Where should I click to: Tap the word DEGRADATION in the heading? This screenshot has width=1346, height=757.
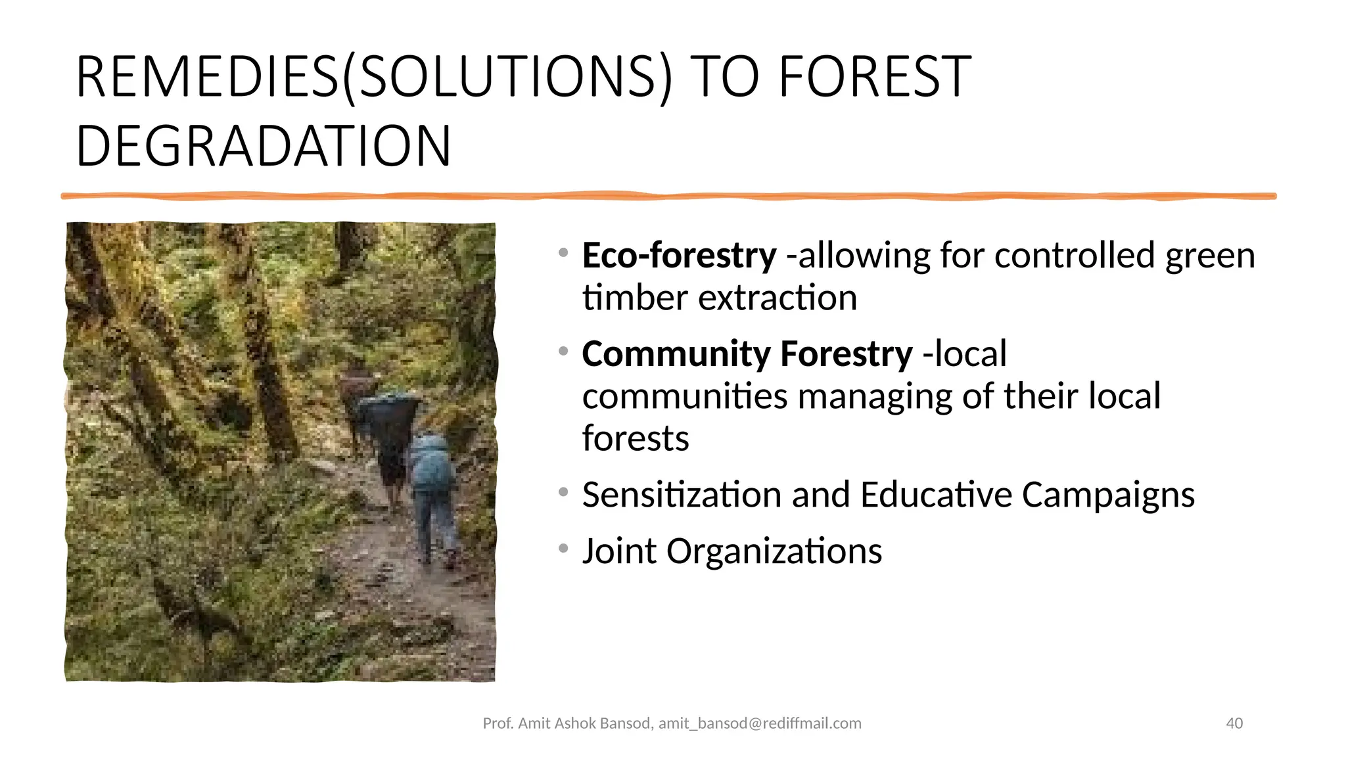[264, 146]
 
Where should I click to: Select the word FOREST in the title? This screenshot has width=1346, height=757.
[874, 78]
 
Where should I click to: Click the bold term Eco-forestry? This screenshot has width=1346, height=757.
[679, 256]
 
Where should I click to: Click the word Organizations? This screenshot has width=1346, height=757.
[774, 551]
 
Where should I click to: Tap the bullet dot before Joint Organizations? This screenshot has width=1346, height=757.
[563, 548]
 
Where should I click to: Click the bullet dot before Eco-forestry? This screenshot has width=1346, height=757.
[563, 252]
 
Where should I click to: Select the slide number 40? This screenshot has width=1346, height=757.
[1234, 723]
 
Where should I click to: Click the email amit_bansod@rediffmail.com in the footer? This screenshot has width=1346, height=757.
[760, 723]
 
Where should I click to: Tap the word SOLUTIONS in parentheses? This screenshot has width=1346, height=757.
[507, 78]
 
